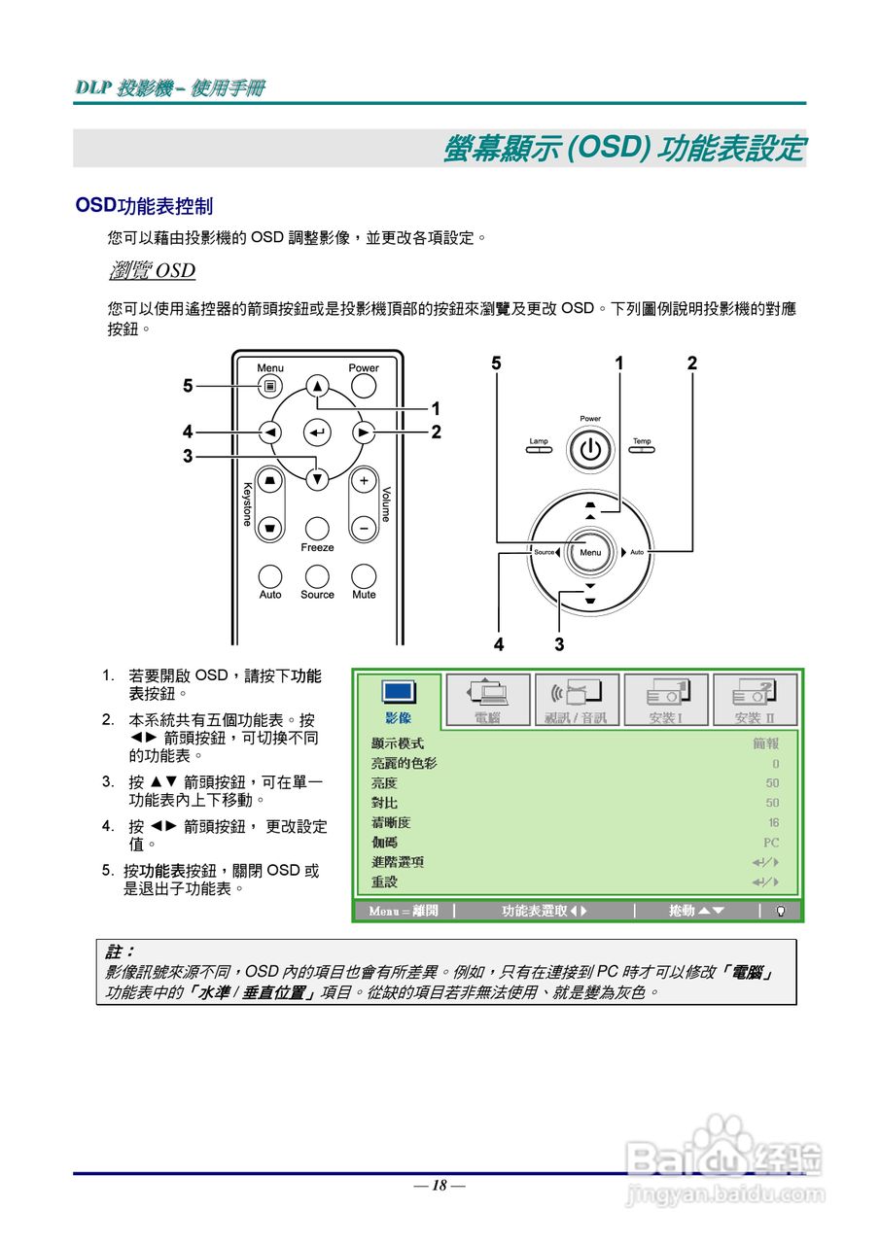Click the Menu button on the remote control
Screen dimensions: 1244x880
click(270, 386)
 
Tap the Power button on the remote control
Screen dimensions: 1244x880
click(364, 386)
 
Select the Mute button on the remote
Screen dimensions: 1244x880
click(364, 577)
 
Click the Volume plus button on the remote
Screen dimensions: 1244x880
click(364, 481)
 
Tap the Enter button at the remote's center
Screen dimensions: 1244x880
click(317, 432)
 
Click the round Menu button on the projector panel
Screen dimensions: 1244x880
click(590, 552)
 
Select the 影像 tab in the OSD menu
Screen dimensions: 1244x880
click(398, 701)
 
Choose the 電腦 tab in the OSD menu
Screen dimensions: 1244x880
click(487, 701)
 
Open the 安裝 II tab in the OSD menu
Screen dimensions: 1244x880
click(755, 701)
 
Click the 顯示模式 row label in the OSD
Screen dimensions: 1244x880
click(398, 743)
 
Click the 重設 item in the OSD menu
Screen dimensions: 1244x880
click(384, 882)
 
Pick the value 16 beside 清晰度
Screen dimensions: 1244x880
click(773, 823)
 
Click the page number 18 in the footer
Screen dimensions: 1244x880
click(440, 1185)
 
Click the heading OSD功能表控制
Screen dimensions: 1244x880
click(144, 206)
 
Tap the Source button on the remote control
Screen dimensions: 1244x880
click(317, 577)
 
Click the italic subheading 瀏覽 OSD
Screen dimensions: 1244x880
click(152, 270)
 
